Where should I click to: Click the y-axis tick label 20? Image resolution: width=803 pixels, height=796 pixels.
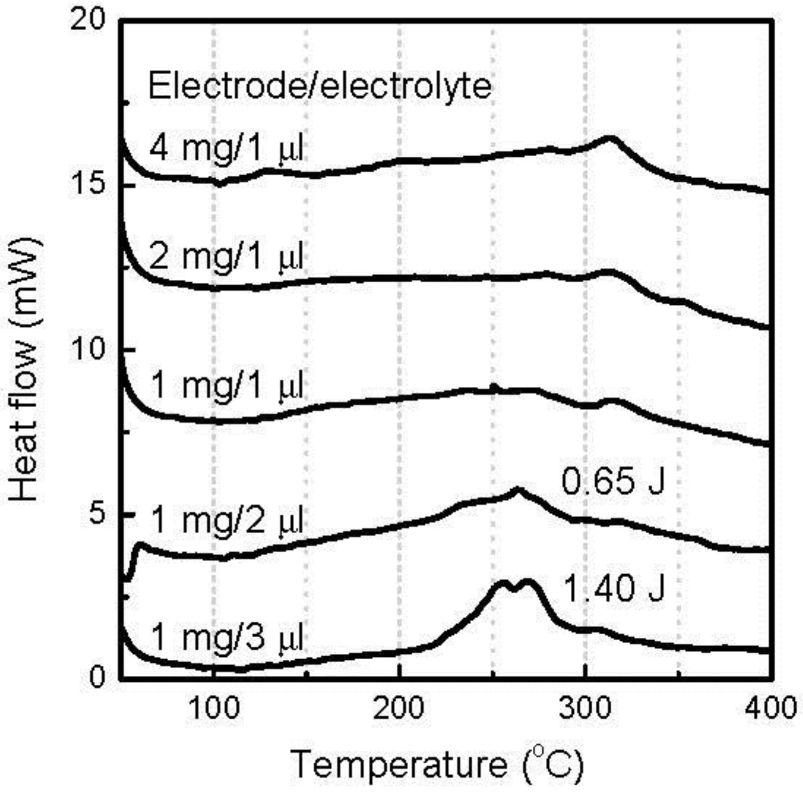87,21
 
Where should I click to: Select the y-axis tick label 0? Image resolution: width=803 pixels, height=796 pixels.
97,678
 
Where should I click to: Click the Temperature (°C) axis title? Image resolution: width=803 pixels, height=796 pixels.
437,764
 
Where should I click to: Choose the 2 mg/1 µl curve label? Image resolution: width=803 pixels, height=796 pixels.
226,257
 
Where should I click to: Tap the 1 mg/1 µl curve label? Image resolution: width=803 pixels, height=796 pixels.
227,386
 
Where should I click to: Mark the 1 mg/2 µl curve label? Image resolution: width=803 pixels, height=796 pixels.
227,521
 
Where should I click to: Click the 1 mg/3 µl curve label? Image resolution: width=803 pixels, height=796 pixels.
227,637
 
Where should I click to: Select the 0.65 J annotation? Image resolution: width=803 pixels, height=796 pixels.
613,481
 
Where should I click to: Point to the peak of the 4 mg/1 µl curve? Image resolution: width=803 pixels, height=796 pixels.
609,138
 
